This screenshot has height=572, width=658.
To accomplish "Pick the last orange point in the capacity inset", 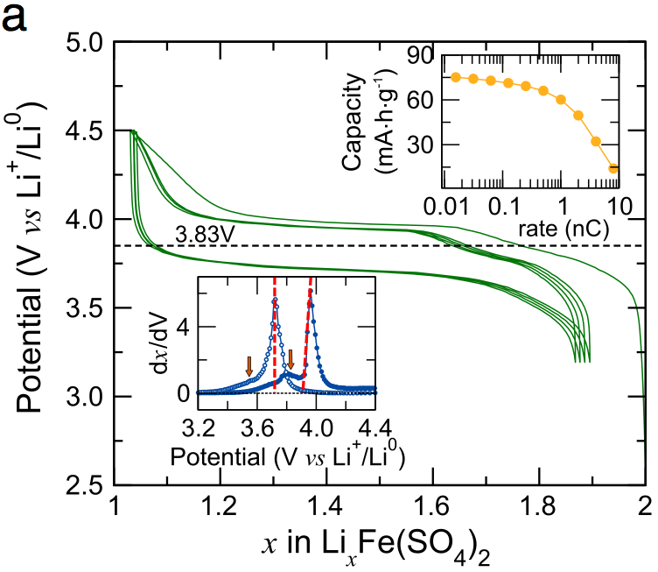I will pos(614,168).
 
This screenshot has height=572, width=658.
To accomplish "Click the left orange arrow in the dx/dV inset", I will pos(249,365).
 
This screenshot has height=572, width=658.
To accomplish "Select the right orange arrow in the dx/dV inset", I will pos(291,359).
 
